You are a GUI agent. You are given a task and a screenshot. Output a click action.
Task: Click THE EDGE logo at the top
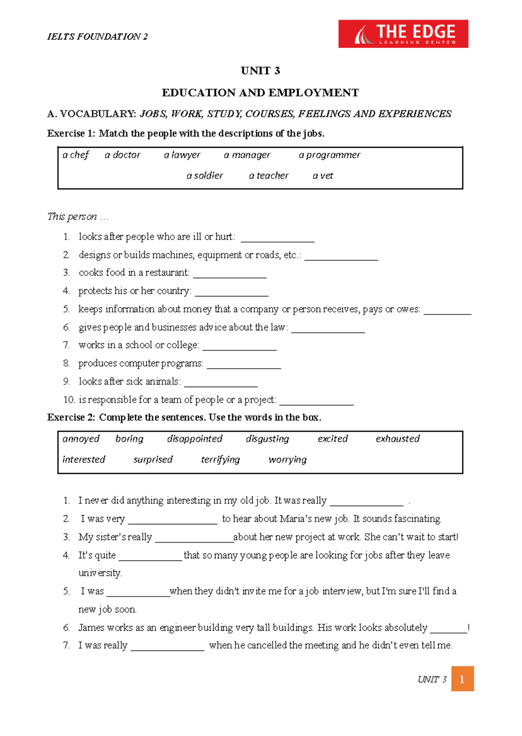(x=403, y=34)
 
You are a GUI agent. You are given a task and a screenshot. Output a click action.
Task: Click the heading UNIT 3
(x=260, y=71)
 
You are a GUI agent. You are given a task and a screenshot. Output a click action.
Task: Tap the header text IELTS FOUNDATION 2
(x=97, y=36)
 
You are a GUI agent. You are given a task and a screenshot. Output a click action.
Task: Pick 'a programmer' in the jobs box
(x=329, y=155)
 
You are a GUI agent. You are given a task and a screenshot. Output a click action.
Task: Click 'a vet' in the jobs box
(x=323, y=176)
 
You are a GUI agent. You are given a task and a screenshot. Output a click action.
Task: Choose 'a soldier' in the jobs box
(x=204, y=176)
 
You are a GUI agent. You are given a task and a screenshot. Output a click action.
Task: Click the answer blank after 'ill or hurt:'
(x=278, y=239)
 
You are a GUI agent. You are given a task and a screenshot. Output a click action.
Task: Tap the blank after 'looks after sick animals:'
(x=221, y=384)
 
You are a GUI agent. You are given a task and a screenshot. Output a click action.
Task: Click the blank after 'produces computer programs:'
(x=244, y=365)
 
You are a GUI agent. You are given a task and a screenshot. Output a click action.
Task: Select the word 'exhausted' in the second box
(x=398, y=439)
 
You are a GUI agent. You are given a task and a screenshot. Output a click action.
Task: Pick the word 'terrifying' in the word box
(x=220, y=460)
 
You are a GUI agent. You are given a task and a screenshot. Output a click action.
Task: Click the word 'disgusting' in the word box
(x=267, y=439)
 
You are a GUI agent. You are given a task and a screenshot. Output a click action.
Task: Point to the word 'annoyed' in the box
(x=81, y=439)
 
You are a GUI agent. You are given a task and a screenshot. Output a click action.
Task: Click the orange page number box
(x=462, y=679)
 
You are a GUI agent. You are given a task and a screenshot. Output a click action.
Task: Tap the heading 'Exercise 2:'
(x=71, y=418)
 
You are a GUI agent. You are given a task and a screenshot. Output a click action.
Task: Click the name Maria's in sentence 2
(x=295, y=519)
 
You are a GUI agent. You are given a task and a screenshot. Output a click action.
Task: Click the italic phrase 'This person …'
(x=77, y=216)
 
